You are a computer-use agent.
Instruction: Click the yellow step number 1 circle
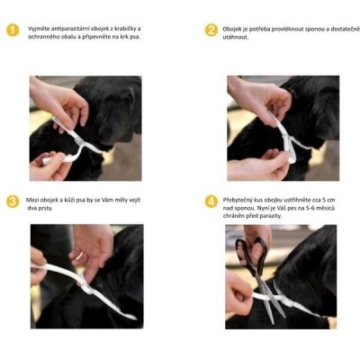coord(13,31)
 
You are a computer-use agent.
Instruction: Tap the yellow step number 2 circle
coord(211,31)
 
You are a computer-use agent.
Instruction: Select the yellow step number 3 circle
coord(13,202)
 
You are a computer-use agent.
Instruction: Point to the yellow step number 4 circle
coord(211,202)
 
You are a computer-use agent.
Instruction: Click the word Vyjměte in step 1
coord(37,29)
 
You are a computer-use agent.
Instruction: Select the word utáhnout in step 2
coord(236,38)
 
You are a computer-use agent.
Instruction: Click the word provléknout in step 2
coord(289,30)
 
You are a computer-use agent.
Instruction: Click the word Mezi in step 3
coord(31,200)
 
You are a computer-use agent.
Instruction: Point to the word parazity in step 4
coord(272,216)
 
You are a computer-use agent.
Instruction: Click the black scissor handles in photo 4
coord(252,252)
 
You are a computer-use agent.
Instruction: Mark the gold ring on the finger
coord(79,256)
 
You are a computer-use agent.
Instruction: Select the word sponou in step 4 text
coord(242,208)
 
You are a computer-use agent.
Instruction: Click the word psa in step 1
coord(135,38)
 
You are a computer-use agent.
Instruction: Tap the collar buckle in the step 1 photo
coord(77,138)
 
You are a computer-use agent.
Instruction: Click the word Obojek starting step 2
coord(230,30)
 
